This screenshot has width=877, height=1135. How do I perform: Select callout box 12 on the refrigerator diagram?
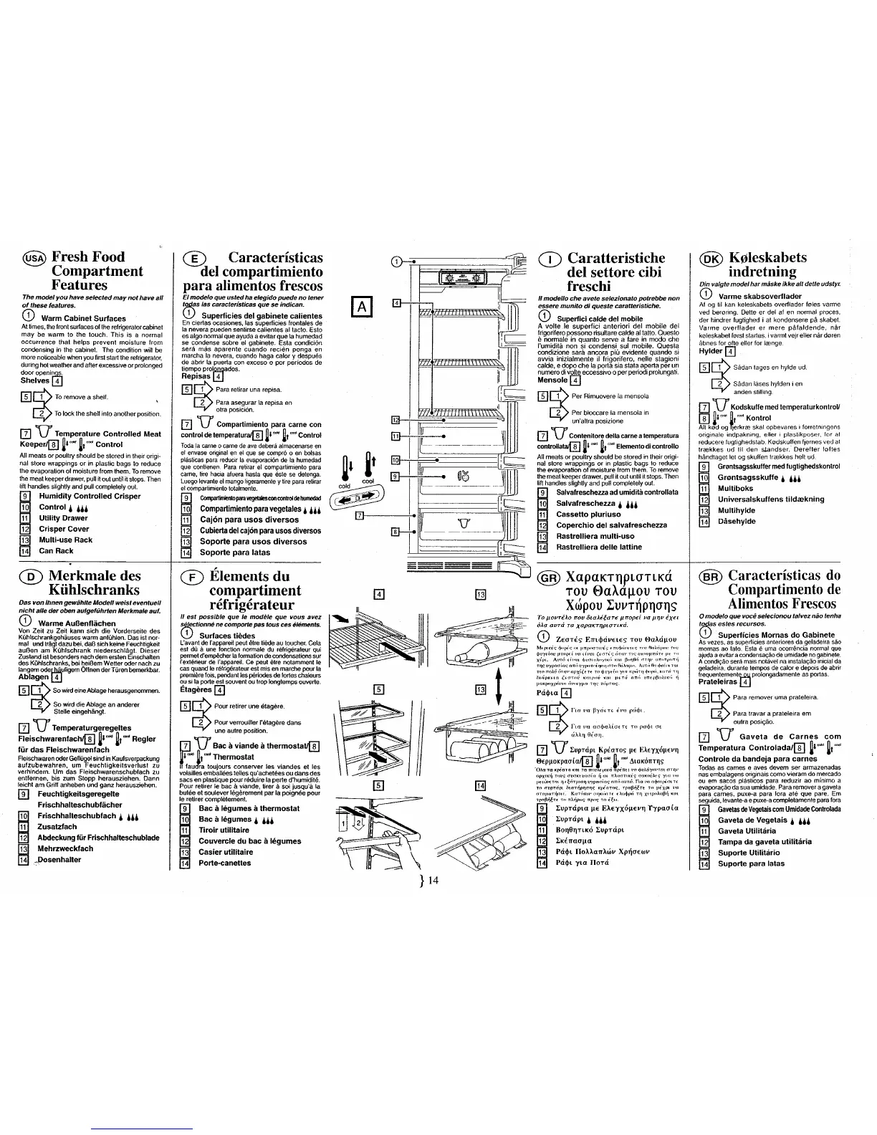tap(396, 419)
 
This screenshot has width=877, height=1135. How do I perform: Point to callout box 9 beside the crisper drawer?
tap(395, 476)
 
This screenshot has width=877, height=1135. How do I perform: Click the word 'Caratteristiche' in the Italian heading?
tap(616, 258)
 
